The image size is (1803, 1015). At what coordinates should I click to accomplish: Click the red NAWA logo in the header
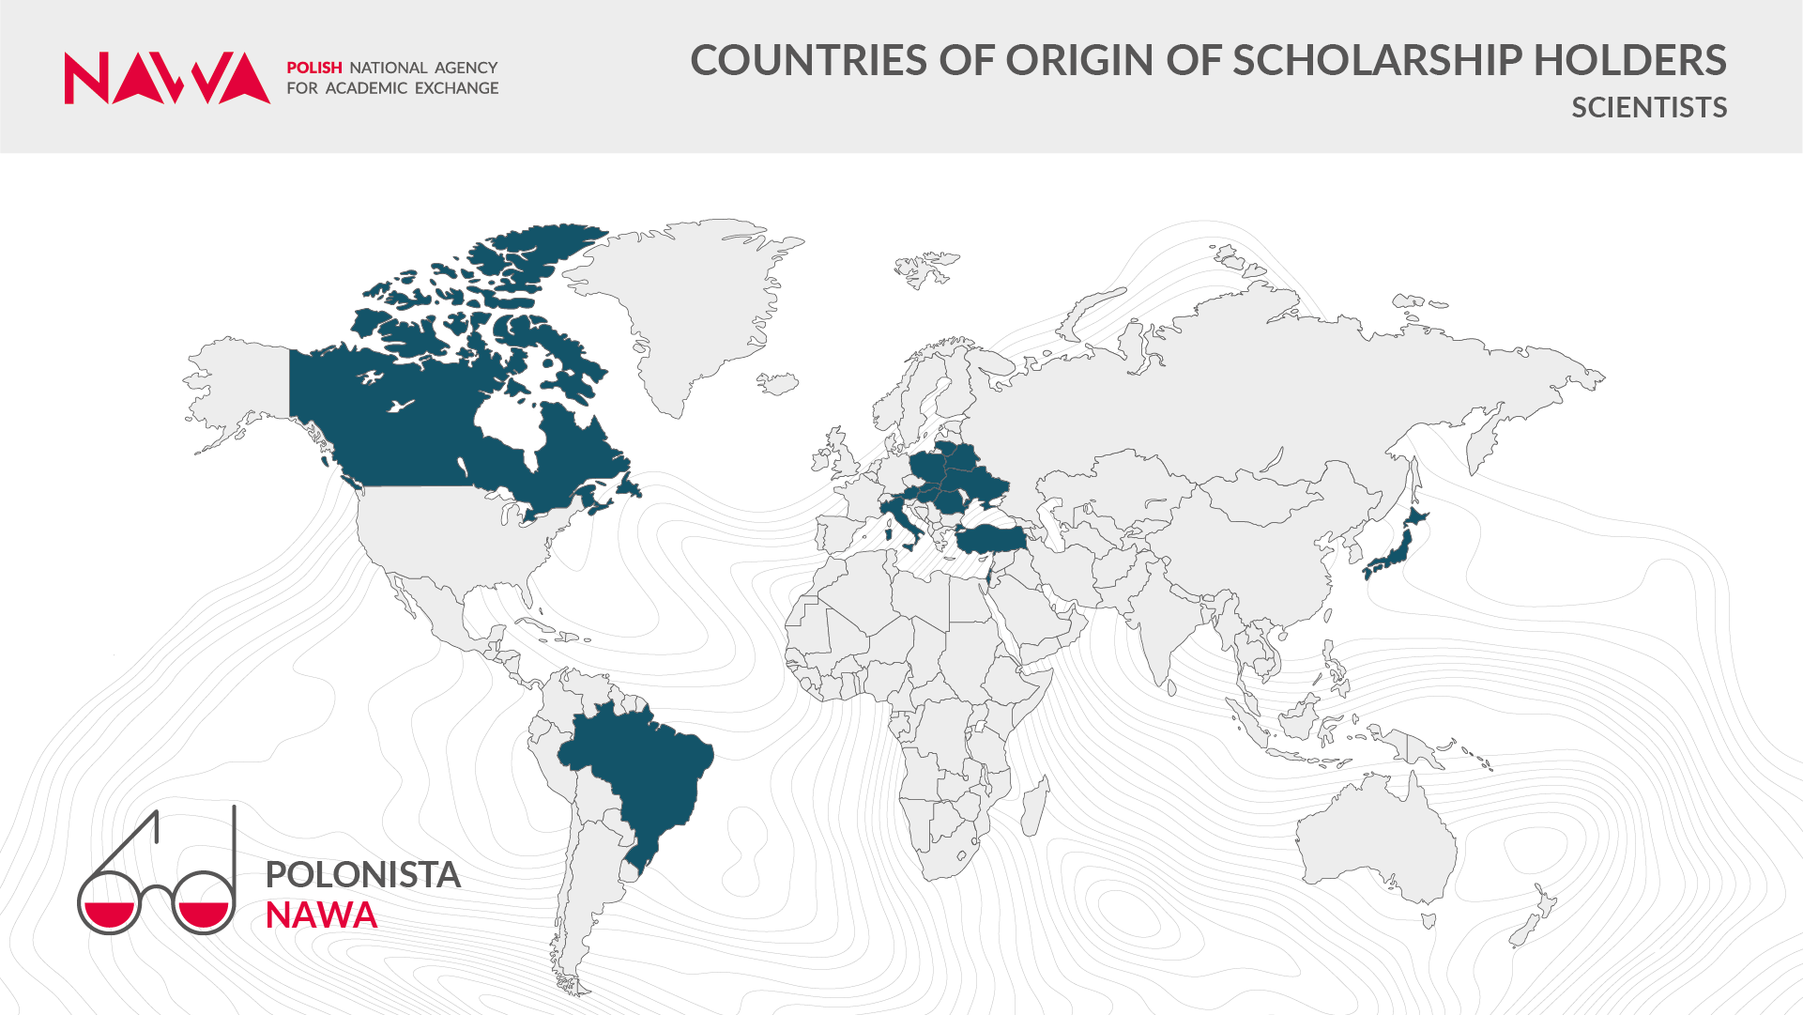pyautogui.click(x=167, y=78)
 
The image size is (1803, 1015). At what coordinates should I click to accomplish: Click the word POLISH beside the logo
pyautogui.click(x=313, y=68)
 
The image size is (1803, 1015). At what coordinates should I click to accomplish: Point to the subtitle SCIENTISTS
pyautogui.click(x=1649, y=108)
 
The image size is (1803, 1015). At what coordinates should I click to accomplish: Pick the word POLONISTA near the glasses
pyautogui.click(x=362, y=875)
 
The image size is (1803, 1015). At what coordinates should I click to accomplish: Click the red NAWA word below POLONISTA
pyautogui.click(x=321, y=915)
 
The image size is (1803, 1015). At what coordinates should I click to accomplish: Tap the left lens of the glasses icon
pyautogui.click(x=109, y=903)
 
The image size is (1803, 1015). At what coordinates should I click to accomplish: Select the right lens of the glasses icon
pyautogui.click(x=204, y=903)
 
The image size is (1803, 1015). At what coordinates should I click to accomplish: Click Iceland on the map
pyautogui.click(x=778, y=383)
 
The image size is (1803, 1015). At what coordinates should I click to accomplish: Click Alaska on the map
pyautogui.click(x=239, y=385)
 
